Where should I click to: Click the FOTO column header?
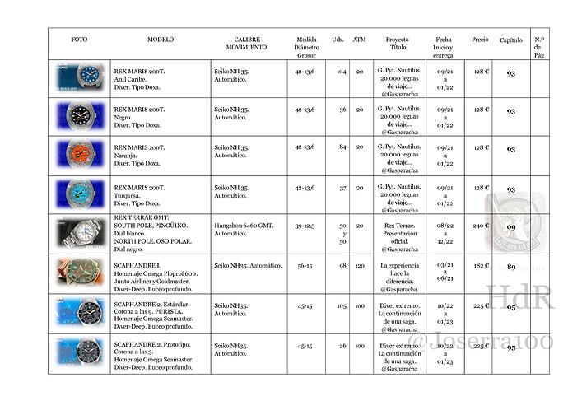coord(79,39)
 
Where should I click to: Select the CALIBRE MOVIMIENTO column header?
coord(247,43)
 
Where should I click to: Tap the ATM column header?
coord(359,39)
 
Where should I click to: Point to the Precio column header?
coord(480,39)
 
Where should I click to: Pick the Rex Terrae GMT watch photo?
coord(79,232)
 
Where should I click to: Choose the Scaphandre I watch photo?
coord(79,273)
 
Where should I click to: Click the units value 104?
coord(341,72)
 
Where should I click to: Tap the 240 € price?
coord(481,226)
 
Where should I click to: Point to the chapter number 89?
coord(511,267)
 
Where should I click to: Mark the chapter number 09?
coord(511,226)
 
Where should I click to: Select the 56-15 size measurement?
coord(305,266)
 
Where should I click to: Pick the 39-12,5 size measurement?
coord(305,225)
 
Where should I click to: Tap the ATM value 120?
coord(360,266)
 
